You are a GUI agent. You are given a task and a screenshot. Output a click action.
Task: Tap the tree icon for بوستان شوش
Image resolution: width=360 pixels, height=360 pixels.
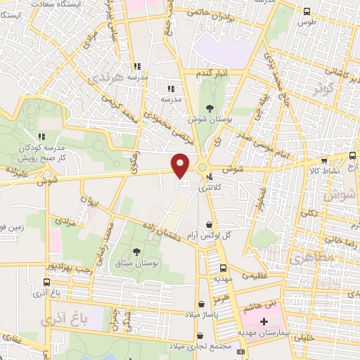click(x=210, y=108)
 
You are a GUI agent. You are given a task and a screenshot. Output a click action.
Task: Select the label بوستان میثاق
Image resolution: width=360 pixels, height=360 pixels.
click(x=136, y=262)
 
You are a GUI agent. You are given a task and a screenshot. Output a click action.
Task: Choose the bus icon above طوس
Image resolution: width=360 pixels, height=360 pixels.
click(x=306, y=11)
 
